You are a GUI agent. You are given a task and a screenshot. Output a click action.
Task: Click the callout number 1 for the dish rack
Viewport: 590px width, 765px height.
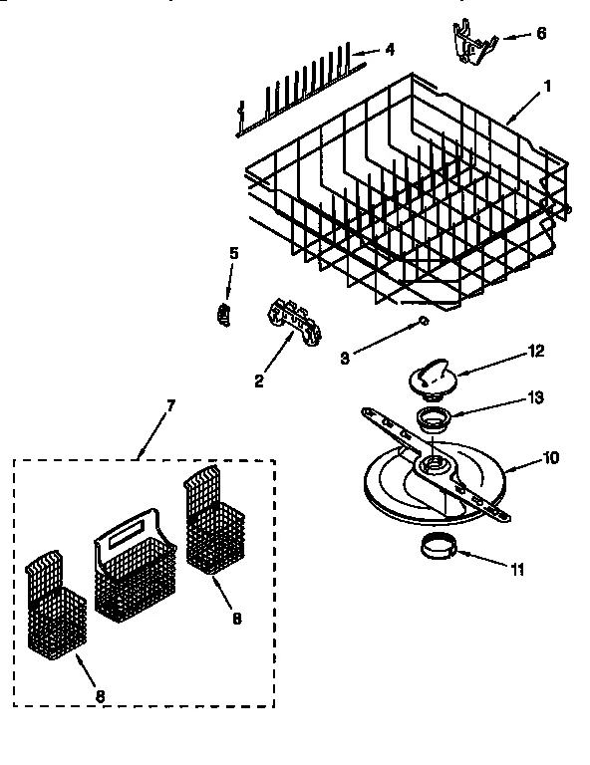coord(546,86)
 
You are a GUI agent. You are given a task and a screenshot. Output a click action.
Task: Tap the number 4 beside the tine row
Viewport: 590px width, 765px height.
coord(390,48)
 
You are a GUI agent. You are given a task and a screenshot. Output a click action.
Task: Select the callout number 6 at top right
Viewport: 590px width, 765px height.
coord(540,33)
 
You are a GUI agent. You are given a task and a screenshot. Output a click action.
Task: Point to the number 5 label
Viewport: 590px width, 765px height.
coord(233,254)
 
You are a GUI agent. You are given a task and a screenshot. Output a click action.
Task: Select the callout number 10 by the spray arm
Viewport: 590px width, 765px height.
coord(551,457)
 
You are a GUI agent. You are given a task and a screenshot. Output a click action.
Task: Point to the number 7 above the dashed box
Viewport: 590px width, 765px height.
coord(170,406)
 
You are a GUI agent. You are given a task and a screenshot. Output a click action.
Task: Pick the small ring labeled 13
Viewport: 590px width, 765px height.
coord(431,417)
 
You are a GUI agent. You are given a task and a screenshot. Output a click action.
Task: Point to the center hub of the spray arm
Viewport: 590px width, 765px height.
coord(434,463)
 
